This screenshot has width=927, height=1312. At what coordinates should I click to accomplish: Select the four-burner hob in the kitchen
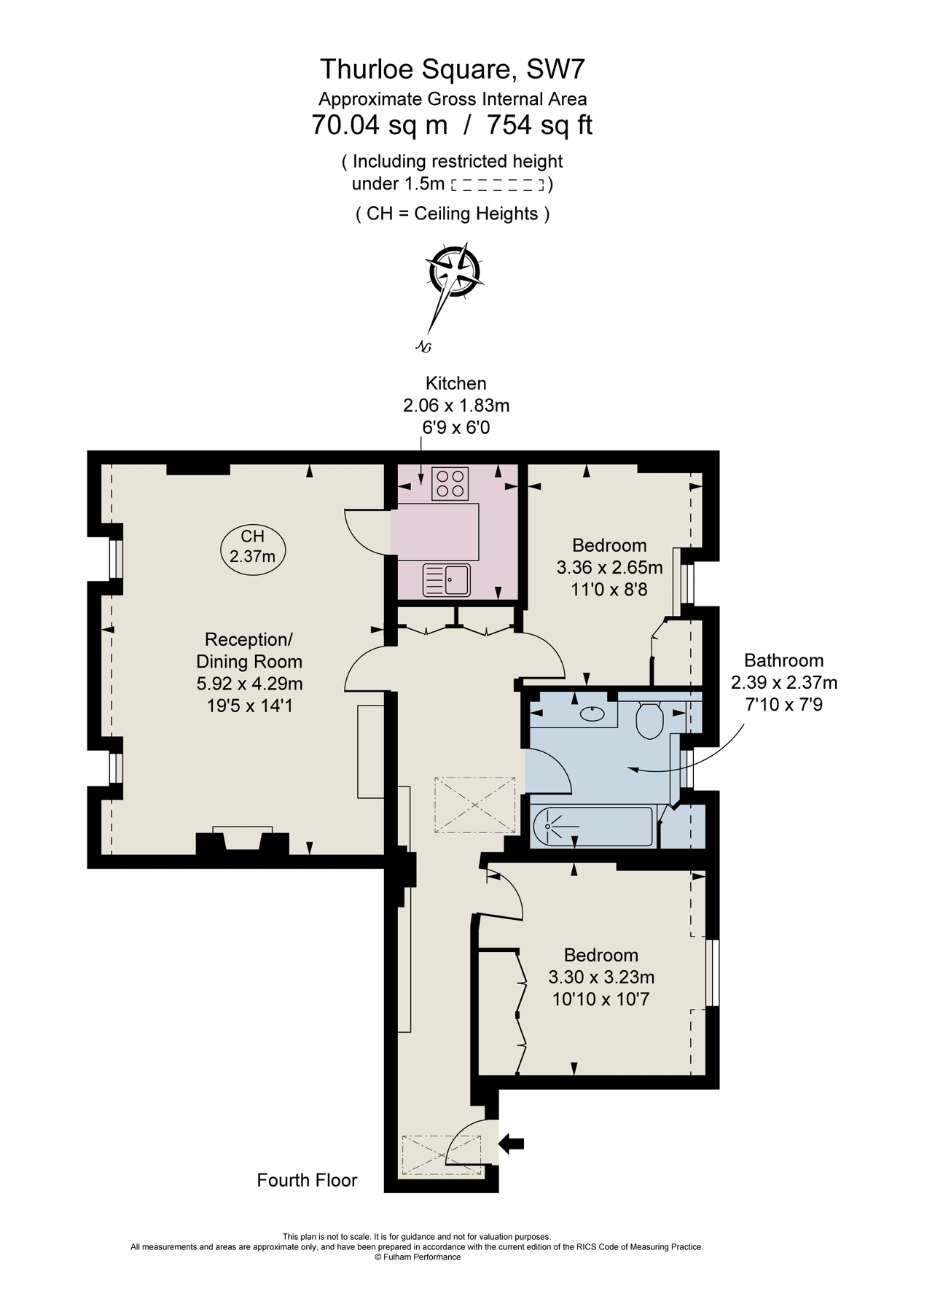[x=450, y=483]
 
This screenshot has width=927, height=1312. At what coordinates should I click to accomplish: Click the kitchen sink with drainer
[x=446, y=580]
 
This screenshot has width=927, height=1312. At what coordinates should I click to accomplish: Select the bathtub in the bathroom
[x=592, y=826]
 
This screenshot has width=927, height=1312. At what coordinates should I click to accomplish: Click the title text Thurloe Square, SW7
[x=452, y=69]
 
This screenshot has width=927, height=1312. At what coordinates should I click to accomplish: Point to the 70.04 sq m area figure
[x=380, y=125]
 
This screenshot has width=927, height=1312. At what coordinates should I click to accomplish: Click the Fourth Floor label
[x=307, y=1180]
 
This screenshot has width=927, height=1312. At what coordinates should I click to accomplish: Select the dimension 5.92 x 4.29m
[x=249, y=684]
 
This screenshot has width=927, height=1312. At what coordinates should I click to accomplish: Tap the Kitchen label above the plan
[x=455, y=383]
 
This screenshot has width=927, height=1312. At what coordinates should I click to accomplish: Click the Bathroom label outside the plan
[x=783, y=660]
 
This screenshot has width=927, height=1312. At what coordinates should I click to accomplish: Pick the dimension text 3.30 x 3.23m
[x=601, y=977]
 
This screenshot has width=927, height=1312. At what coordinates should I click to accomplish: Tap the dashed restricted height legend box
[x=498, y=185]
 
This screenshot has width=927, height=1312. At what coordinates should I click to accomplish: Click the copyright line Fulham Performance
[x=418, y=1257]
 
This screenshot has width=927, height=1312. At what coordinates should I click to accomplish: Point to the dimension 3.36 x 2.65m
[x=609, y=567]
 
